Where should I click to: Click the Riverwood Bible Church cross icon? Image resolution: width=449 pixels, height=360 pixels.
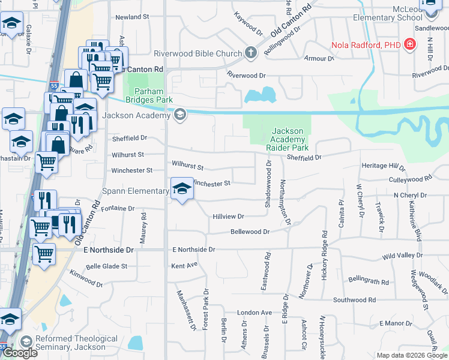[250, 53]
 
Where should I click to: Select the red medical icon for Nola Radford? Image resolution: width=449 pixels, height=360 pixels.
[410, 45]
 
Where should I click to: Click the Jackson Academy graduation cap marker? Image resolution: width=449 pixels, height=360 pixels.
[179, 115]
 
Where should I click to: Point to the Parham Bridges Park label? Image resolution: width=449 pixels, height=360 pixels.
[148, 100]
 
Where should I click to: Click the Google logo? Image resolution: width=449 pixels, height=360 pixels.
[20, 352]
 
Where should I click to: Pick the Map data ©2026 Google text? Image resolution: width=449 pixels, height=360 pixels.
[412, 355]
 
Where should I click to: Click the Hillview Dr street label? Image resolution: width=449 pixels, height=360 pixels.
[228, 216]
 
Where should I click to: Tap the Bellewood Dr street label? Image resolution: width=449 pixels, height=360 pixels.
[250, 231]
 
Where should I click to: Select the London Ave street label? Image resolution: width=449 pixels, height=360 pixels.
[255, 313]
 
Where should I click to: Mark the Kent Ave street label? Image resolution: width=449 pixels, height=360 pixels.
[184, 265]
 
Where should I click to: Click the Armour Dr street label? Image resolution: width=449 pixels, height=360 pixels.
[319, 59]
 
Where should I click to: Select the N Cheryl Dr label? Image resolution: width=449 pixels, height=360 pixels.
[410, 196]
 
